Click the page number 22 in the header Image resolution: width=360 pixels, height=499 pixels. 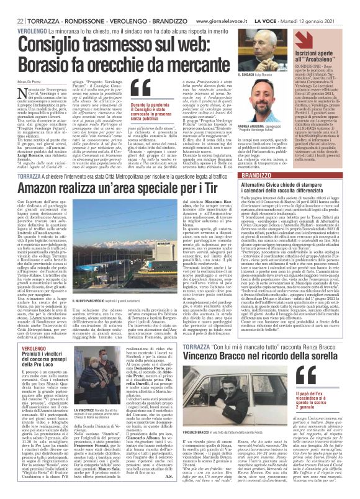(12, 6)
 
